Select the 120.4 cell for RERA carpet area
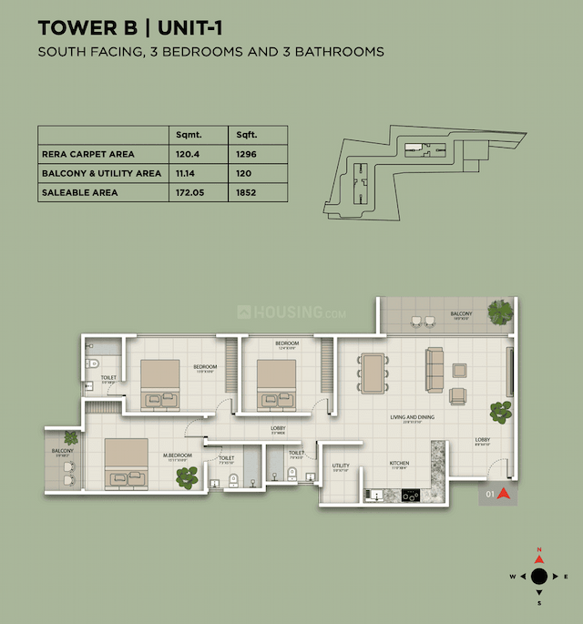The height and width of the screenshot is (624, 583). [x=188, y=154]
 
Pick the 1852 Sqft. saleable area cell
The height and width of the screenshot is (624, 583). [x=246, y=192]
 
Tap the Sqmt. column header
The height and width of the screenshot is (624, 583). [x=188, y=135]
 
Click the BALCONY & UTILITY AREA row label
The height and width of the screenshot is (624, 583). [x=101, y=173]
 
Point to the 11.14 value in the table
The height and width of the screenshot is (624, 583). [x=187, y=173]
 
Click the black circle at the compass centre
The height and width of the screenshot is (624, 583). [x=538, y=576]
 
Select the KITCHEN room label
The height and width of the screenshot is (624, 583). [x=399, y=464]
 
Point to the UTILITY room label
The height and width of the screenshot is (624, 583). [x=341, y=466]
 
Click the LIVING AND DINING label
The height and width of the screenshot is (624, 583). [x=412, y=417]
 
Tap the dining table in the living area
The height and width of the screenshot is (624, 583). [x=373, y=373]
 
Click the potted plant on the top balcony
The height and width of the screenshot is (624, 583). [x=500, y=312]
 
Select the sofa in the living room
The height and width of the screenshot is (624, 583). [x=434, y=364]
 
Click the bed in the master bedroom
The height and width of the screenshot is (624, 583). [x=128, y=465]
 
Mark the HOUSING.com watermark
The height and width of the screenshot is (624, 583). [x=291, y=312]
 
